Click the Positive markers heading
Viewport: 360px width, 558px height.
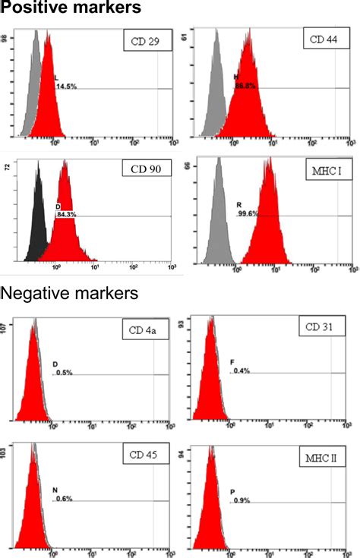point(71,9)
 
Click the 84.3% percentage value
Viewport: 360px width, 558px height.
point(66,214)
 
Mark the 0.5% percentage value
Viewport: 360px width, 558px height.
point(62,372)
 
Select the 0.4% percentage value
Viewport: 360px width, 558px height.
point(242,371)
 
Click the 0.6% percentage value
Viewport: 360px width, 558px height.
point(62,499)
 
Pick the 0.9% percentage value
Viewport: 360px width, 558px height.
point(242,500)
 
